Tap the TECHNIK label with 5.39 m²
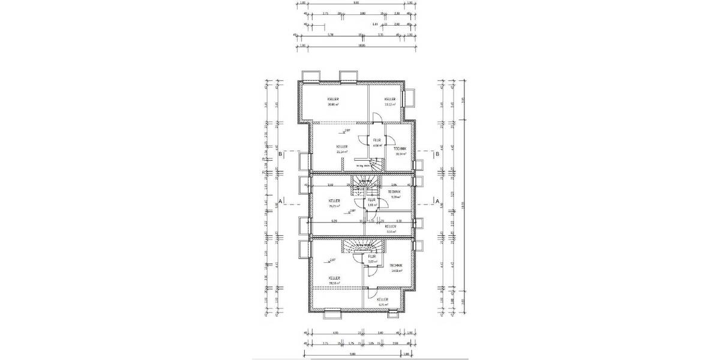(394, 193)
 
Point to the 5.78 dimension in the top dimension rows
(330, 35)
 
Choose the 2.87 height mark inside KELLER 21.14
(347, 129)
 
